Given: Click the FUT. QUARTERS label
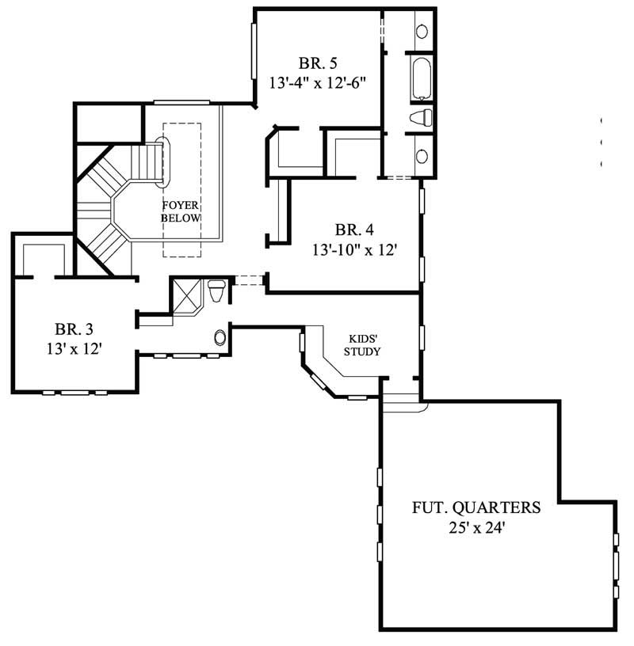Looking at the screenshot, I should click(x=475, y=507).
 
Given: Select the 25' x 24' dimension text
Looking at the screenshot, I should click(x=475, y=527).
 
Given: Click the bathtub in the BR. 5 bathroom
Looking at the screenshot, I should click(x=421, y=78).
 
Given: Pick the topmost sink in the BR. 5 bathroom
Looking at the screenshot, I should click(x=422, y=32).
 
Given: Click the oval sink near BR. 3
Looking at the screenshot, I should click(x=220, y=338).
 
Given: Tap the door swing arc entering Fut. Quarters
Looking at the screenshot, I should click(x=404, y=405).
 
